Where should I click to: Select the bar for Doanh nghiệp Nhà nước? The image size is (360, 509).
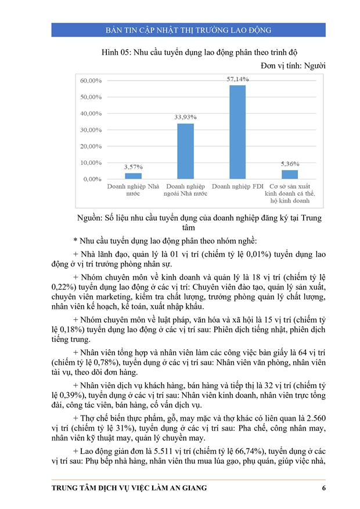(x=133, y=176)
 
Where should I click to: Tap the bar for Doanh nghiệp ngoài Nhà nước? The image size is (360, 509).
(x=185, y=151)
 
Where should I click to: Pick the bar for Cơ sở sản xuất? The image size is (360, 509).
(x=290, y=174)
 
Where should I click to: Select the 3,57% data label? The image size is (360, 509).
(x=133, y=167)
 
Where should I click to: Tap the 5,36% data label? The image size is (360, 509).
(x=290, y=164)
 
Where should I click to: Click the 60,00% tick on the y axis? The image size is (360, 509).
(x=91, y=80)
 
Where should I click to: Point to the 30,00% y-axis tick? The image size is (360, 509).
(x=91, y=129)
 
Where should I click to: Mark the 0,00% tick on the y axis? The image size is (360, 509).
(x=93, y=179)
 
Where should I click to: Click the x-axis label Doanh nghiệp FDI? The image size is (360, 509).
(x=237, y=187)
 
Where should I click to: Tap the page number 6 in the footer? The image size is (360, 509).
(x=323, y=488)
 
